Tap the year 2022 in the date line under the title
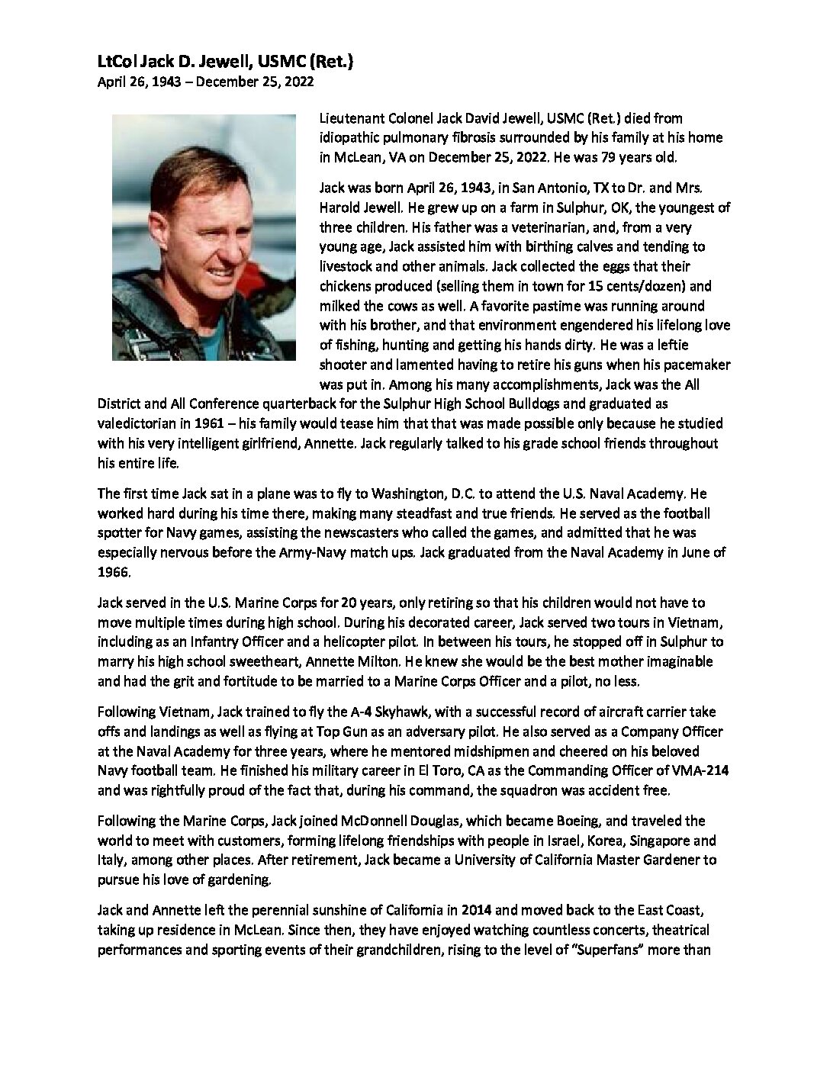pos(298,82)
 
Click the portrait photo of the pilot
pos(204,237)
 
